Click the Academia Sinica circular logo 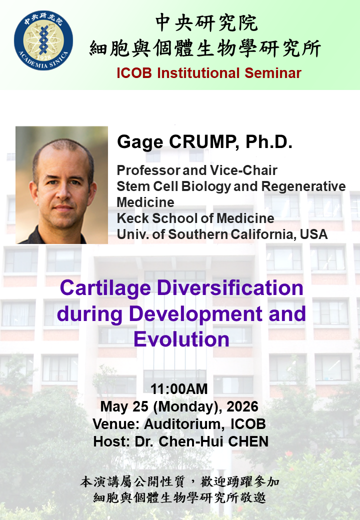pyautogui.click(x=43, y=40)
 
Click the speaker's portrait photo pyautogui.click(x=61, y=185)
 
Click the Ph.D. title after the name pyautogui.click(x=269, y=141)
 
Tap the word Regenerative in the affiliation pyautogui.click(x=303, y=186)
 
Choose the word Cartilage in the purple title pyautogui.click(x=105, y=288)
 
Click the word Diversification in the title pyautogui.click(x=230, y=288)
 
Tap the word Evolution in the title pyautogui.click(x=181, y=339)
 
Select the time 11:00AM pyautogui.click(x=179, y=389)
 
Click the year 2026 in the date pyautogui.click(x=242, y=406)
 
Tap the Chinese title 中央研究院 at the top pyautogui.click(x=206, y=23)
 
